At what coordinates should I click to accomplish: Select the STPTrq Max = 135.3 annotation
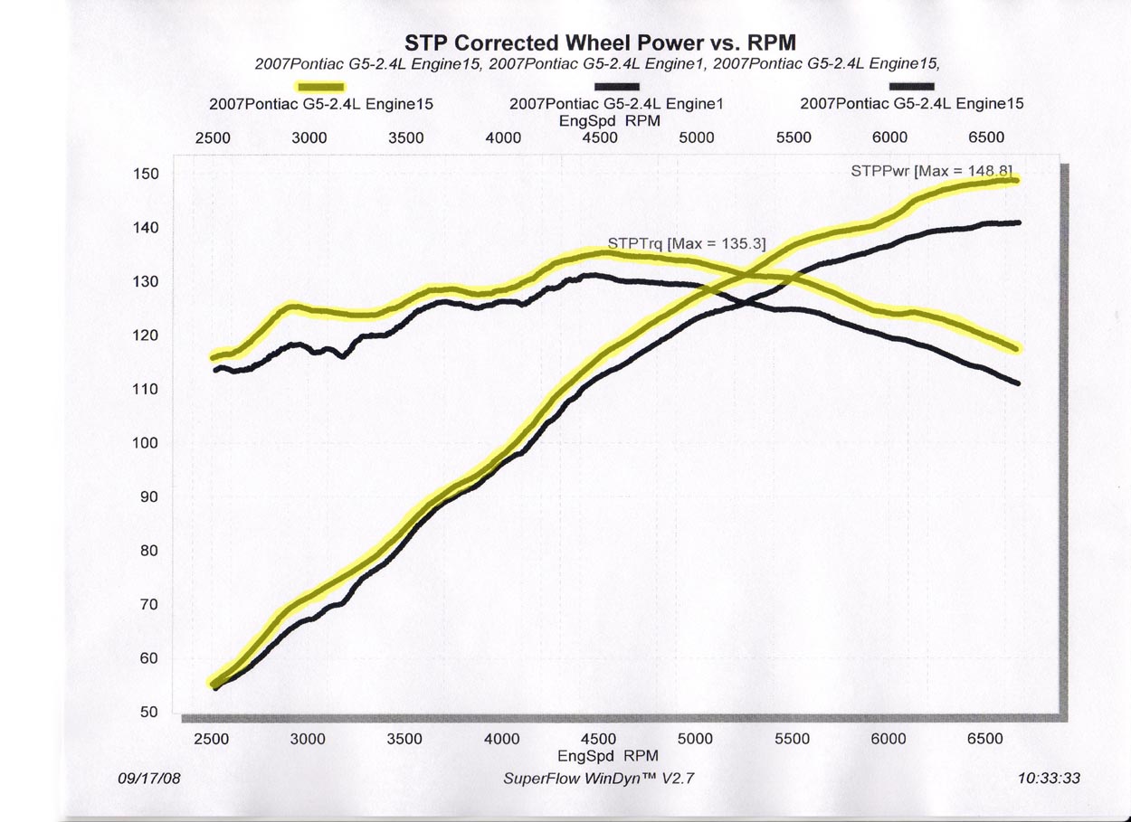[x=686, y=243]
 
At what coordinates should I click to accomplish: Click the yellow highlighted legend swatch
[x=321, y=86]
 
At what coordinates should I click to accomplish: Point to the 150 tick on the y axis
[x=147, y=174]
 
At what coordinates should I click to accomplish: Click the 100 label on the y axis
[x=147, y=443]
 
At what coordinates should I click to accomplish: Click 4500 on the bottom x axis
[x=598, y=739]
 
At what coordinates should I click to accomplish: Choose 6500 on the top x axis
[x=986, y=137]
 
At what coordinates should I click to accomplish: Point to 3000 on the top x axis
[x=309, y=137]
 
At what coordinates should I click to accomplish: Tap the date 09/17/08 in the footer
[x=149, y=778]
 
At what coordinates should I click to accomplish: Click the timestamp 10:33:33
[x=1050, y=778]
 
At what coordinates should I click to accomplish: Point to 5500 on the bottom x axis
[x=792, y=739]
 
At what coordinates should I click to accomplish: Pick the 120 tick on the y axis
[x=147, y=335]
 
